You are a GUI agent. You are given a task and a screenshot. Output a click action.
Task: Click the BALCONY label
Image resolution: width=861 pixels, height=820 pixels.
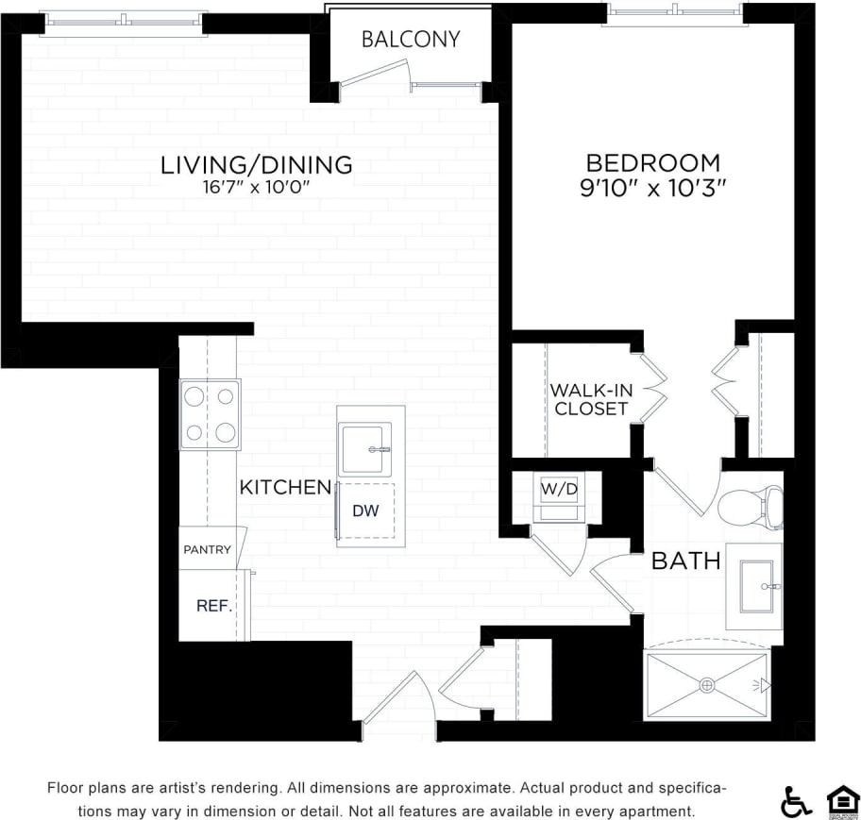tap(411, 40)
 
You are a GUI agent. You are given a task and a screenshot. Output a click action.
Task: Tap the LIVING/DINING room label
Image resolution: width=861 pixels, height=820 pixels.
tap(257, 164)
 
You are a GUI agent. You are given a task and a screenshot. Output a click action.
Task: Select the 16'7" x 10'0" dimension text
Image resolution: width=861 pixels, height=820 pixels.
tap(257, 187)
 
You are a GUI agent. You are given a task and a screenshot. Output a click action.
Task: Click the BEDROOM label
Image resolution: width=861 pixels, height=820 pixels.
tap(652, 162)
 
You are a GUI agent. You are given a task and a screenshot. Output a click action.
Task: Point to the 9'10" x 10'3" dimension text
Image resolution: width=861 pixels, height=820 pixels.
tap(652, 188)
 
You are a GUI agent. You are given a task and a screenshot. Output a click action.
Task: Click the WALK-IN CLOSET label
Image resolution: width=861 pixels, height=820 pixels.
tap(591, 399)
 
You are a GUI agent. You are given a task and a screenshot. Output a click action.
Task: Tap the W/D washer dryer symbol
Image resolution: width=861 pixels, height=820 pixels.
tap(558, 490)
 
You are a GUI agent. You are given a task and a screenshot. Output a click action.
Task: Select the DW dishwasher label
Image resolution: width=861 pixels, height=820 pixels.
tap(365, 510)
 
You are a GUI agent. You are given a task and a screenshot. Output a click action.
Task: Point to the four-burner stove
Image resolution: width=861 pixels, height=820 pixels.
tap(210, 414)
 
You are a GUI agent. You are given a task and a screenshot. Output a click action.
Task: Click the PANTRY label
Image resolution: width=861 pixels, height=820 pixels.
tap(207, 549)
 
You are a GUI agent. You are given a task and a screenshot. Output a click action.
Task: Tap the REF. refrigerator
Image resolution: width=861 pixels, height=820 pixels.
tap(213, 606)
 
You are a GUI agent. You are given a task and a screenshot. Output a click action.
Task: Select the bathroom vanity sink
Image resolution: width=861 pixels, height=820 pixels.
tap(757, 586)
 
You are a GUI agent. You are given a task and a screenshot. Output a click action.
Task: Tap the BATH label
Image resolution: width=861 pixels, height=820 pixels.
tap(686, 561)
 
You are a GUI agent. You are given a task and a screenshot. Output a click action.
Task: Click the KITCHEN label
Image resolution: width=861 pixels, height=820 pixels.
tap(285, 488)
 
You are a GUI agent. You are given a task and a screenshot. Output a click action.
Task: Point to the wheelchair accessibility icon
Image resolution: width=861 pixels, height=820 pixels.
tap(796, 801)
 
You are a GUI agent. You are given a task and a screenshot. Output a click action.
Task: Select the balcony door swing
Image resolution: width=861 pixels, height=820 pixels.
tap(376, 74)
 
